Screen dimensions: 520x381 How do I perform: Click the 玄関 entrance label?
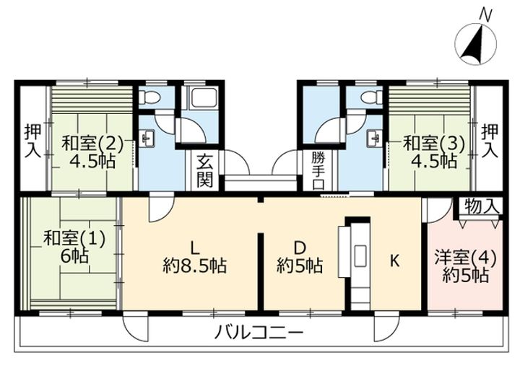point(205,171)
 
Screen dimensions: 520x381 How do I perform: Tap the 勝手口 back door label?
point(318,171)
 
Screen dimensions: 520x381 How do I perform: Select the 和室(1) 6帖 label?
point(74,247)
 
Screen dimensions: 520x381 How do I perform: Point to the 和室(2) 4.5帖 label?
point(92,152)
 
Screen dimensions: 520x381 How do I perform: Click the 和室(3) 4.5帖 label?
point(433,152)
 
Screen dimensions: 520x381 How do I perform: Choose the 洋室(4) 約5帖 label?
point(466,267)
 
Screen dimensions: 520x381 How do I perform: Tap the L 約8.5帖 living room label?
point(195,256)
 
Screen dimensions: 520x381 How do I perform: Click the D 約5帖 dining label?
point(300,256)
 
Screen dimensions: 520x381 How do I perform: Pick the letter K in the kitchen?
point(394,260)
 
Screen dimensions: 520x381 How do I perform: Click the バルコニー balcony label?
point(259,332)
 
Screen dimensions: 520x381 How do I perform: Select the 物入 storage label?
point(482,207)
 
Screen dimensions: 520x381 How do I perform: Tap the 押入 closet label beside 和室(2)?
point(33,141)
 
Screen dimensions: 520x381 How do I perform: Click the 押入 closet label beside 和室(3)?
point(490,141)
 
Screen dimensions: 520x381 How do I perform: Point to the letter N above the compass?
point(485,15)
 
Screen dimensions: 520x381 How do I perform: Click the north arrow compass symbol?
point(476,44)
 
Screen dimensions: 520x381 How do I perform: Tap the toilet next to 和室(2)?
point(149,97)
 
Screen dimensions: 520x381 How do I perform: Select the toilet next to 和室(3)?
point(372,97)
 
